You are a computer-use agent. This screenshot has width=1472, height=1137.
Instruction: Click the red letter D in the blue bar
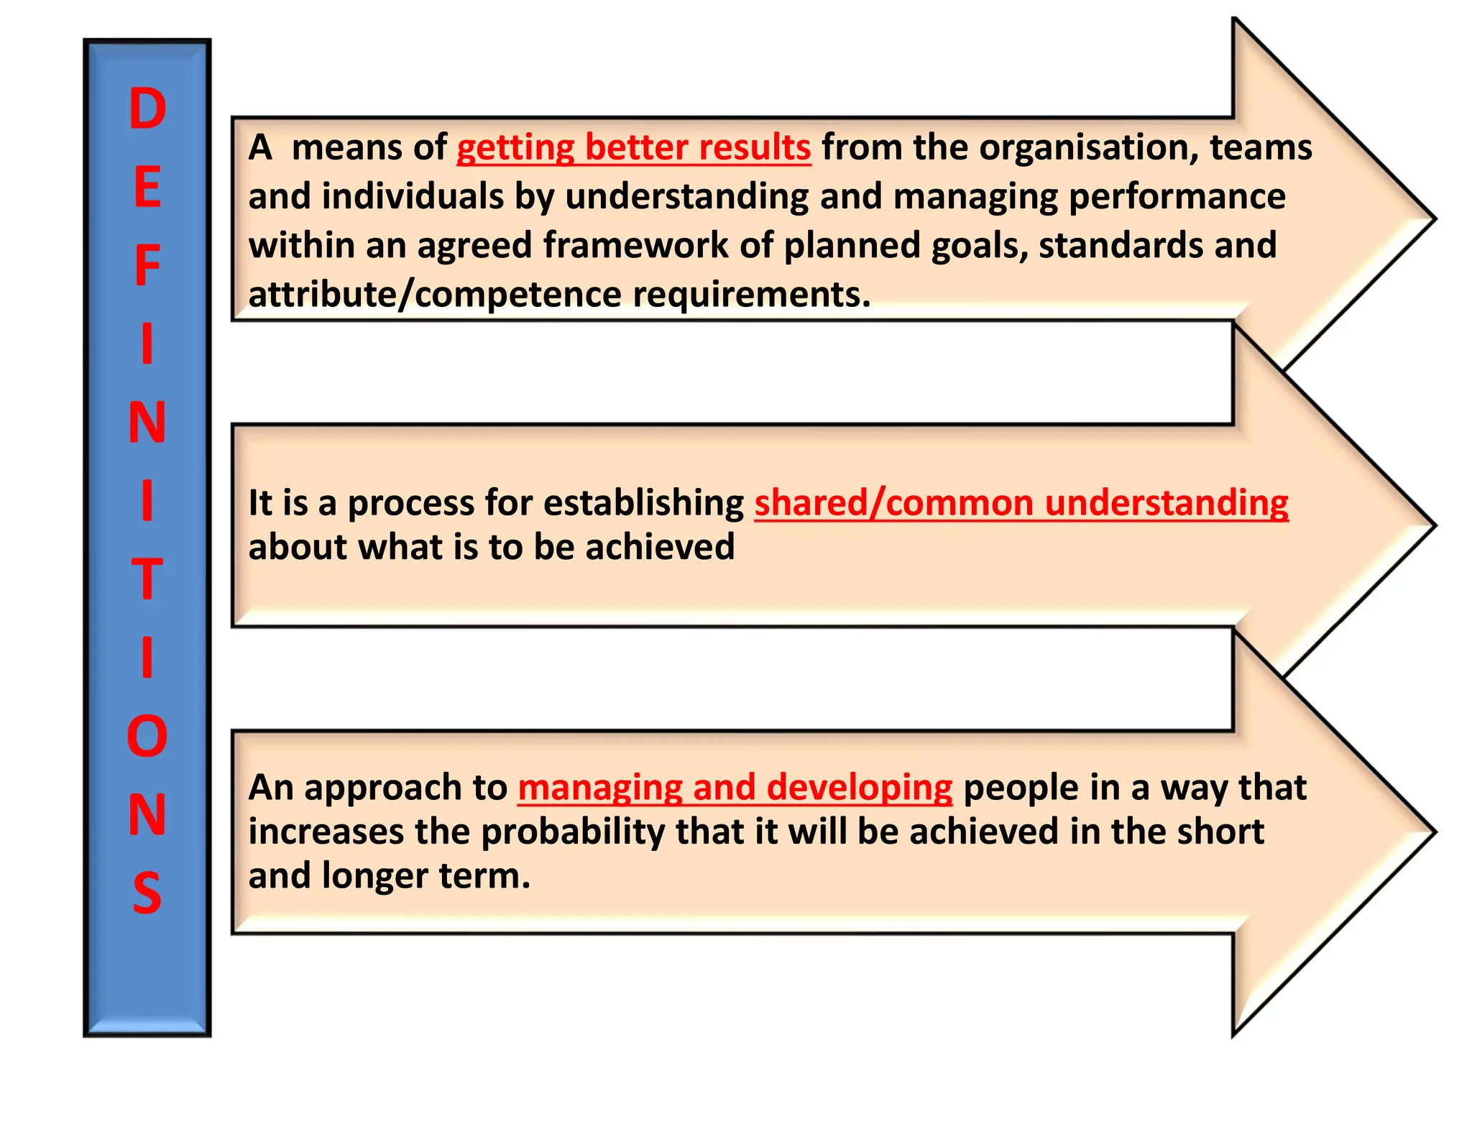[x=147, y=110]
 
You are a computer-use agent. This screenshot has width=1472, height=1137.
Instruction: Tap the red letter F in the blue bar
[x=147, y=267]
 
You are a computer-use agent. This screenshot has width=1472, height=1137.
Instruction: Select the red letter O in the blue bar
[x=147, y=737]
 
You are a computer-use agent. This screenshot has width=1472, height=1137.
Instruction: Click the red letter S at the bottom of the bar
[x=147, y=893]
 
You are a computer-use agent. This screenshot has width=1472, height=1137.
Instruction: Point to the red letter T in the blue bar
[x=147, y=579]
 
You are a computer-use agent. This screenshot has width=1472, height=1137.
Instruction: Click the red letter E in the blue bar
[x=147, y=188]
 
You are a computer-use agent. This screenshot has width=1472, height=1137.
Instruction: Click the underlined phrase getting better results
[x=633, y=148]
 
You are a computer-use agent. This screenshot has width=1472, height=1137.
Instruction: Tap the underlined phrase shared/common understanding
[x=1021, y=503]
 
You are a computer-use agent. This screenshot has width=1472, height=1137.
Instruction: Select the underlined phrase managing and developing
[x=735, y=788]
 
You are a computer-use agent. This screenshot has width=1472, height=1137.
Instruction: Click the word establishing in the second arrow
[x=643, y=503]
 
